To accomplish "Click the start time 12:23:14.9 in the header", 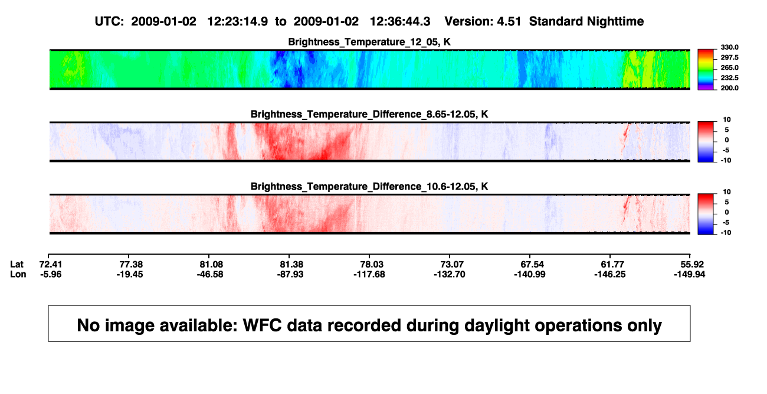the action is [238, 21].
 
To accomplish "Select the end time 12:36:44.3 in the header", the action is [400, 21].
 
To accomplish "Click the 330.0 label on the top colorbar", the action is [729, 47].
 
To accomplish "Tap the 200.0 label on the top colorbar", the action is [729, 88].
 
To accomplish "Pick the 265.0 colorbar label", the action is [729, 67].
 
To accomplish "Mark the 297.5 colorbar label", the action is [729, 57].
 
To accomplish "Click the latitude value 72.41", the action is [51, 265].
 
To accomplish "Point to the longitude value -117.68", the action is [369, 274].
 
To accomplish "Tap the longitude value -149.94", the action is [689, 274].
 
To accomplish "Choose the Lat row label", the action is [17, 265].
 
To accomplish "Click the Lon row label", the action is [18, 274].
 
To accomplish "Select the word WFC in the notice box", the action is [263, 325].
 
